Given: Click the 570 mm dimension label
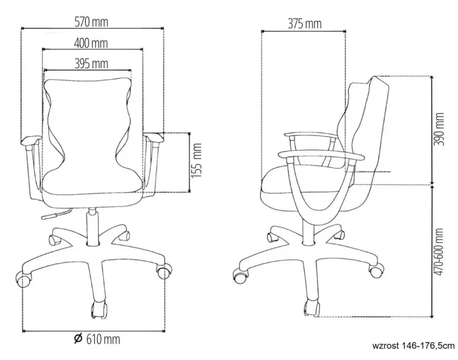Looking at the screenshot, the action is tap(91, 22).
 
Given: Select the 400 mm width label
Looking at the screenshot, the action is tap(91, 43).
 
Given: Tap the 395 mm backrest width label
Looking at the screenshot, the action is tap(91, 63).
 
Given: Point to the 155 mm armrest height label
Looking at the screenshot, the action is tap(197, 160).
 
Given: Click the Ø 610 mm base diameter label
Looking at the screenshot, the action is tap(97, 339).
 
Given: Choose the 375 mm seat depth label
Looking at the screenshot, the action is tap(305, 24).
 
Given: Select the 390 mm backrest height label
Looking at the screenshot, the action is tap(438, 129).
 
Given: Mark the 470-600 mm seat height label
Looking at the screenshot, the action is tap(438, 251).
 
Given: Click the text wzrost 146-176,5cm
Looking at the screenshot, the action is tap(413, 346).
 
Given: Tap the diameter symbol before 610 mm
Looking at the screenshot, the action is tap(78, 339).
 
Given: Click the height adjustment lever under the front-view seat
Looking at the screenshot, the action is tap(56, 214).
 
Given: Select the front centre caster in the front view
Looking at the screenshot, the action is tap(99, 309).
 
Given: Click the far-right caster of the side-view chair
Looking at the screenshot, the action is tap(376, 270).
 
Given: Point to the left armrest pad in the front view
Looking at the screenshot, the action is tap(31, 140).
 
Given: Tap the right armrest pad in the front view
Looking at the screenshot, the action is tap(154, 137).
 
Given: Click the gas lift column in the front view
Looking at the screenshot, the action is tap(93, 226).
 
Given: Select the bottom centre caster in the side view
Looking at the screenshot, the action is tap(312, 308).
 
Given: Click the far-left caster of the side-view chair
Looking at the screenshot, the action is tap(241, 275).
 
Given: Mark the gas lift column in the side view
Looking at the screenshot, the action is tap(308, 231).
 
